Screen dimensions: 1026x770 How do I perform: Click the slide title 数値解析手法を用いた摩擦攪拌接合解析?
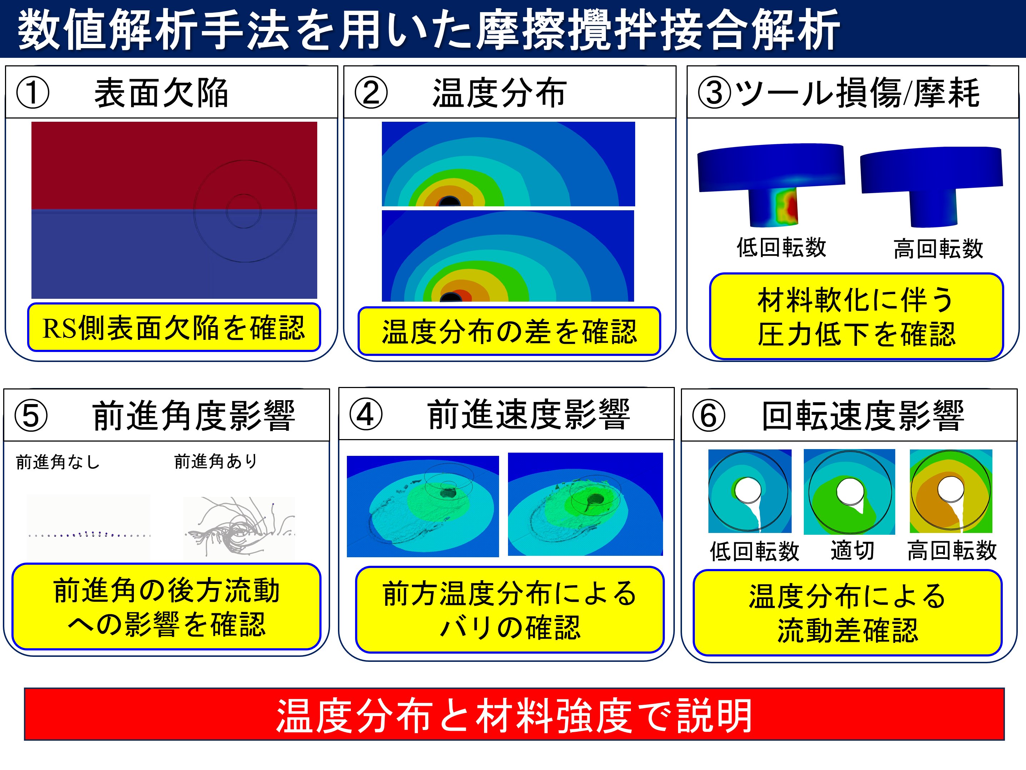429,30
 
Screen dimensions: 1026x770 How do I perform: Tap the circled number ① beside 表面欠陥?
33,93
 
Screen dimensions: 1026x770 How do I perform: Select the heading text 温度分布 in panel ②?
499,93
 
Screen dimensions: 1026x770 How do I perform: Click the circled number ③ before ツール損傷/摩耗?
714,93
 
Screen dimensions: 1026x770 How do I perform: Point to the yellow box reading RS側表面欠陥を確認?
174,327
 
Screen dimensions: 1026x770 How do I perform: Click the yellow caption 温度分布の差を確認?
509,331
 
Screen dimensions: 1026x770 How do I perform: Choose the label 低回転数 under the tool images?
782,247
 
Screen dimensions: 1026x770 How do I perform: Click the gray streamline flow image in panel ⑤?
239,527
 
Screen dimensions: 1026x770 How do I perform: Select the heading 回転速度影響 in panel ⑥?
863,416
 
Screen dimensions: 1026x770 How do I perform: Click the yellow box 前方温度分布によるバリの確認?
510,609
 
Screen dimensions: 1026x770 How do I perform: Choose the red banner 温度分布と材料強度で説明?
514,714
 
